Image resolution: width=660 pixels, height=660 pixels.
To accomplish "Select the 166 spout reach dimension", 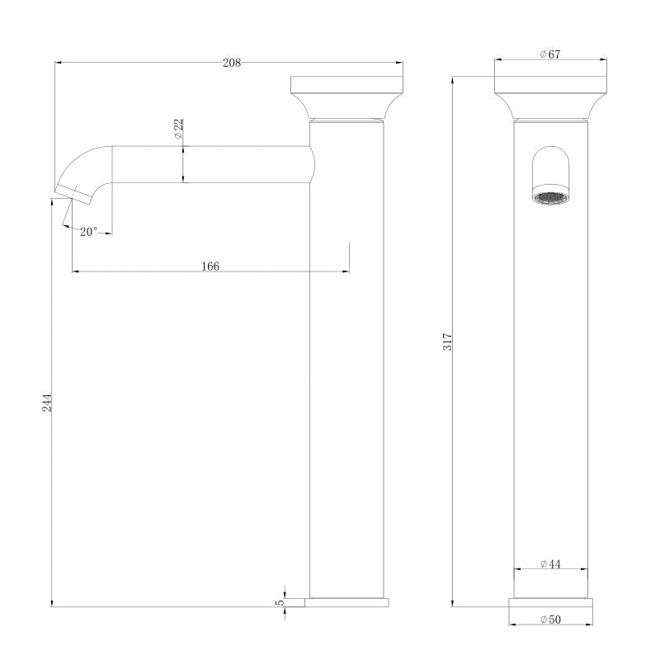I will (210, 266).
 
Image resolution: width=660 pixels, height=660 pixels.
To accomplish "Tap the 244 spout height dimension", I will (48, 403).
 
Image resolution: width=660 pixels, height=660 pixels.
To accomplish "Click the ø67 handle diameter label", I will (550, 54).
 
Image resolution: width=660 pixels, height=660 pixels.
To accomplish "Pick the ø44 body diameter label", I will (550, 564).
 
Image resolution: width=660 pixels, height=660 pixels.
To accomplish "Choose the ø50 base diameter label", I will (550, 619).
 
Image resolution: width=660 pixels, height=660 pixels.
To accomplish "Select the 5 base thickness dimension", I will (280, 603).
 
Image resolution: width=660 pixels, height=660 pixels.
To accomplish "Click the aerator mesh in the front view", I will (550, 197).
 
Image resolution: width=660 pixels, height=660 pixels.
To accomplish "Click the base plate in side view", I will (347, 602).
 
